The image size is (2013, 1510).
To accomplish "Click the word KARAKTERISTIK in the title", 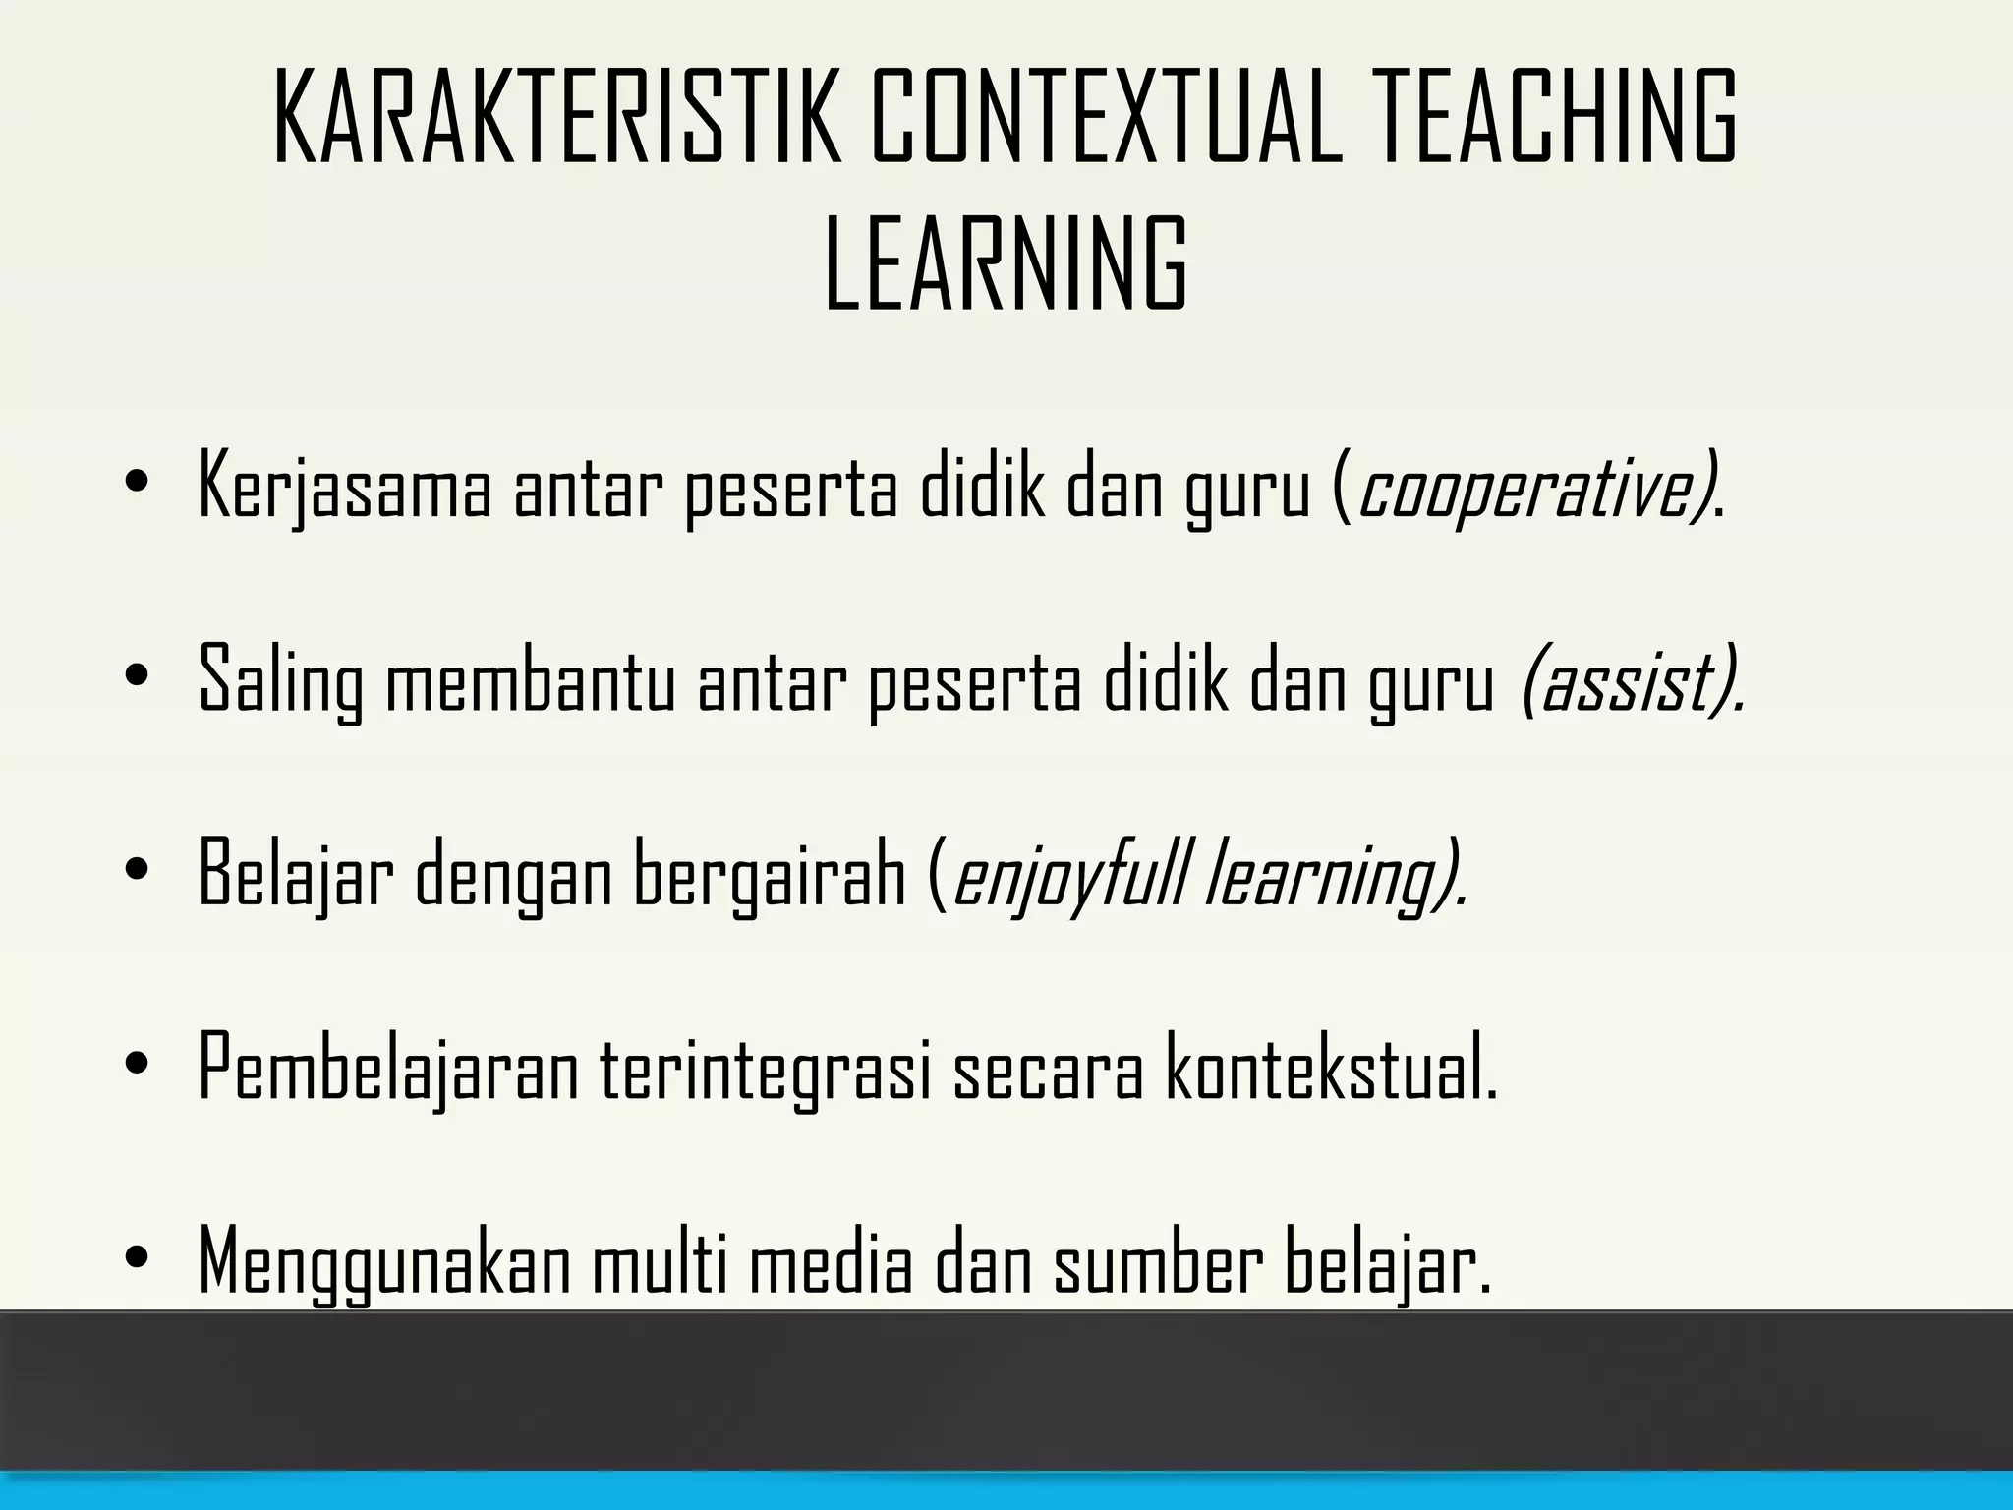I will click(557, 116).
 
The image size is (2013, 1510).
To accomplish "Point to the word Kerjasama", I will click(344, 487).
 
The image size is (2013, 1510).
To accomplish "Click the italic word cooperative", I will click(1530, 487).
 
